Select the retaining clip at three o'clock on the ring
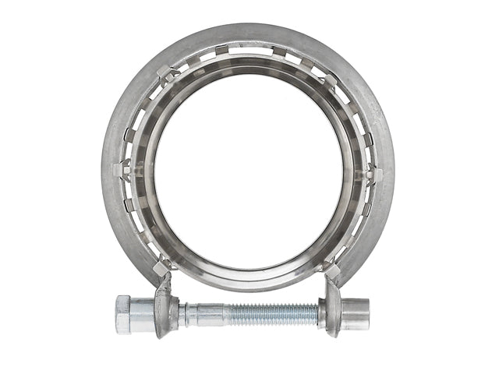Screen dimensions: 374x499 [x=375, y=173]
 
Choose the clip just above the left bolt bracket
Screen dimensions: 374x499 [x=162, y=267]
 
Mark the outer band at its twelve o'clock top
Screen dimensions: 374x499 [x=248, y=33]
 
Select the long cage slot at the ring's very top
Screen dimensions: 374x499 [x=248, y=51]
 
